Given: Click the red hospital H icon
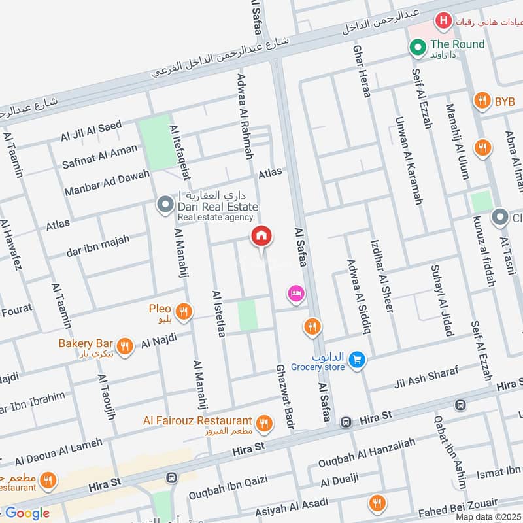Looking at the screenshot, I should (445, 21).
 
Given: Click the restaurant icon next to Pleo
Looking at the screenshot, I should (184, 312).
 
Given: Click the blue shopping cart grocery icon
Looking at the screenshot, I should (356, 360).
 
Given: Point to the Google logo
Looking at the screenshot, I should (27, 513).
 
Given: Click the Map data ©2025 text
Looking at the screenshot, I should (487, 516).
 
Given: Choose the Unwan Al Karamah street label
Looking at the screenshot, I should (409, 161).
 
